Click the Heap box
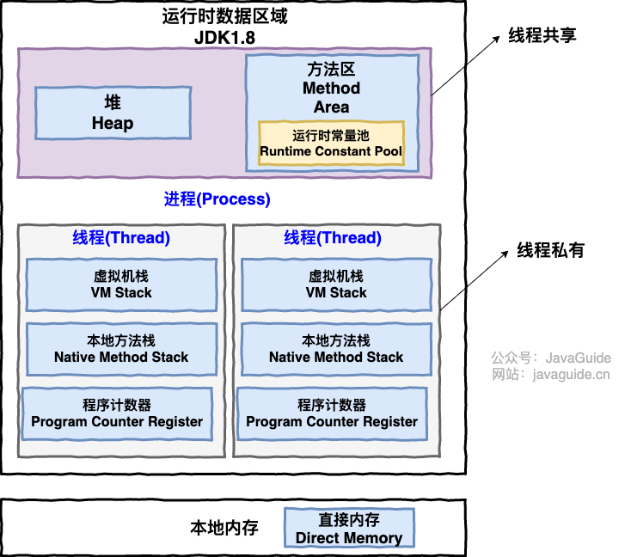point(113,113)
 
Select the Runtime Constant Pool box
point(331,143)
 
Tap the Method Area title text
point(331,88)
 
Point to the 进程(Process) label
point(218,199)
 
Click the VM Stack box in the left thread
point(121,285)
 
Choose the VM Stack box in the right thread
point(336,285)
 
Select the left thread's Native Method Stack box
point(121,349)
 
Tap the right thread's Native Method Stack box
point(336,349)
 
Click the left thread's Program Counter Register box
point(117,413)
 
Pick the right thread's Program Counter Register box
point(332,413)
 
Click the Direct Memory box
point(349,529)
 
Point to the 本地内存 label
point(224,527)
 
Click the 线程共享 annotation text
point(542,35)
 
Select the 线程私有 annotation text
point(550,250)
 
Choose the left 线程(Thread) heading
point(121,238)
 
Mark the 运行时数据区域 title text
point(233,16)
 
